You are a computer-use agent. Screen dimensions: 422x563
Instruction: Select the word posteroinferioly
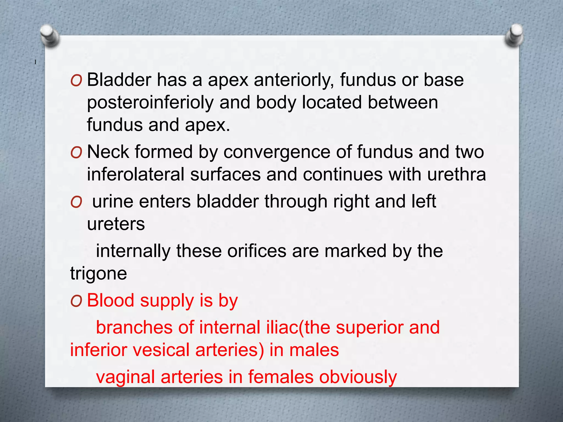(x=150, y=103)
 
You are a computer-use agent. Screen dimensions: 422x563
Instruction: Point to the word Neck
(x=108, y=152)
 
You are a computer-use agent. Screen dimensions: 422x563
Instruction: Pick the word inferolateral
(x=136, y=174)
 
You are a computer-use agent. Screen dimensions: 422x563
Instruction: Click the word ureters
(x=116, y=224)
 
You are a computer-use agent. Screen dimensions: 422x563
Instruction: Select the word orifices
(x=257, y=251)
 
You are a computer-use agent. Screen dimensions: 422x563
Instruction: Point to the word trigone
(x=98, y=274)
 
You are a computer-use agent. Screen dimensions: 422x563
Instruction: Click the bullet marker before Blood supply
(x=76, y=301)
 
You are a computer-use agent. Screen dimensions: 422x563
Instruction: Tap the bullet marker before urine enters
(x=76, y=202)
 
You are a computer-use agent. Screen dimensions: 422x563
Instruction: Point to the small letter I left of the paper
(x=35, y=62)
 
